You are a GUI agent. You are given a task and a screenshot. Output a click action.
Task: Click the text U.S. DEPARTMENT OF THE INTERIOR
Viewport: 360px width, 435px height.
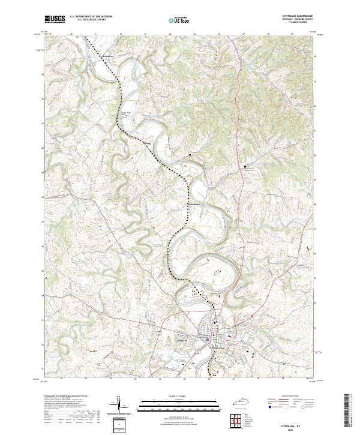click(x=91, y=17)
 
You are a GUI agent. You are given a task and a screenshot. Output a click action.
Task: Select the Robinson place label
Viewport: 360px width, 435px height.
click(x=107, y=57)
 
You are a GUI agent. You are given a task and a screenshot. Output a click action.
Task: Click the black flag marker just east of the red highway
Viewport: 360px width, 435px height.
click(x=245, y=166)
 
